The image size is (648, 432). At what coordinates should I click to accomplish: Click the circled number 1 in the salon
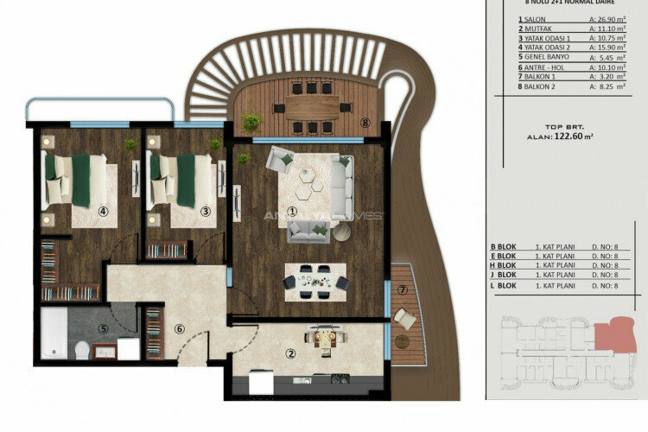[x=292, y=210]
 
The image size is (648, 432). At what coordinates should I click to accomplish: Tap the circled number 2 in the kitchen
[x=291, y=353]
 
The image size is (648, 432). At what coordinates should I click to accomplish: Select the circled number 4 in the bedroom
[x=103, y=210]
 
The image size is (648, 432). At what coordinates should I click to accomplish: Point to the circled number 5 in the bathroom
[x=104, y=328]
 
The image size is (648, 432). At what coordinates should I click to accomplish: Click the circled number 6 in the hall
[x=179, y=328]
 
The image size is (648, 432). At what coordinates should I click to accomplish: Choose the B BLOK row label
[x=503, y=247]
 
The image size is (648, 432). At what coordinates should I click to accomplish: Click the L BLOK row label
[x=503, y=285]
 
